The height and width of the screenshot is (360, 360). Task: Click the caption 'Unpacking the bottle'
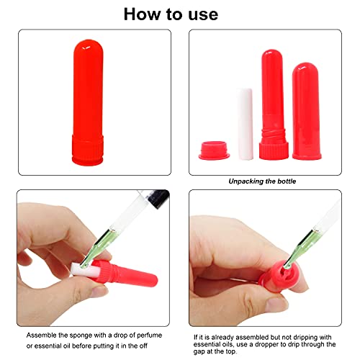pyautogui.click(x=262, y=181)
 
